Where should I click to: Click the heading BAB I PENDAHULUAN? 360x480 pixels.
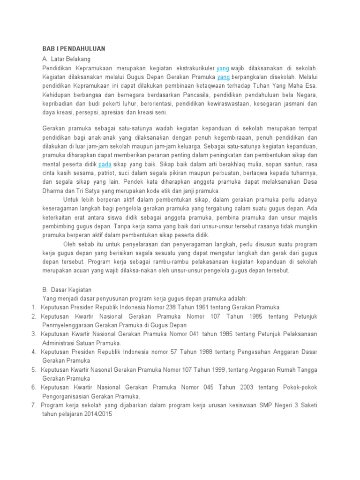pos(74,49)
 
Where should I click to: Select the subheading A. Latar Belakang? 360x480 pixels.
pos(66,59)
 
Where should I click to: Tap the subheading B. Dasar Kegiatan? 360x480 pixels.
pos(67,289)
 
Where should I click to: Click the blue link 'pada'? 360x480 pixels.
pos(105,165)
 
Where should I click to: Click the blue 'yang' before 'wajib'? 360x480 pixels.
pos(222,68)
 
